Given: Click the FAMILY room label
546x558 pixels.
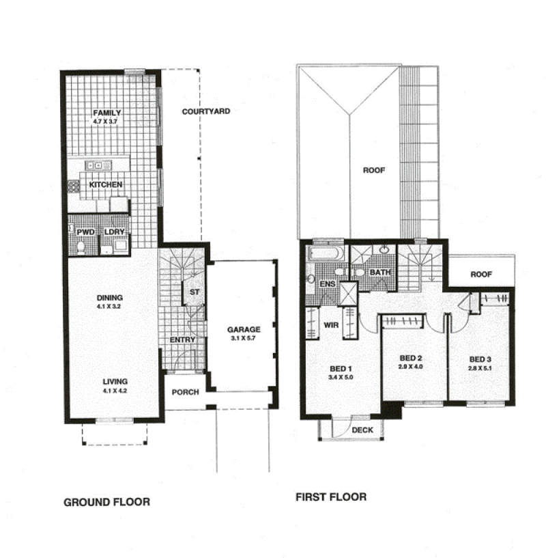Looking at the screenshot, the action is [106, 113].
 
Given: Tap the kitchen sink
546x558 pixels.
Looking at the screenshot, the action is [98, 165].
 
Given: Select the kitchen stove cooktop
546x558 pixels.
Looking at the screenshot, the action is [74, 186].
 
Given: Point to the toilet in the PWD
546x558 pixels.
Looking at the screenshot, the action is [81, 247].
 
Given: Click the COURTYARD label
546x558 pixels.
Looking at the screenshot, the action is [206, 111].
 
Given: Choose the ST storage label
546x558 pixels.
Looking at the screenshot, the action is [195, 292].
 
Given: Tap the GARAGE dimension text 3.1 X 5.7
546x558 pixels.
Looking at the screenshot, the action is [243, 338].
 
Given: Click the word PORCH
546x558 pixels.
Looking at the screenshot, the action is [186, 392].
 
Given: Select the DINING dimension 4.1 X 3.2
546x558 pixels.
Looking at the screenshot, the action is [109, 307].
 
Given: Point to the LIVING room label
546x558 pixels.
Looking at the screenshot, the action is [115, 382].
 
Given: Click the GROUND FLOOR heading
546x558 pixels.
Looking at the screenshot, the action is [106, 502].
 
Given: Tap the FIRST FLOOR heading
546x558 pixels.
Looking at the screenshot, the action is [331, 497].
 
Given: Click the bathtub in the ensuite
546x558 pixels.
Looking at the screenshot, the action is [326, 253].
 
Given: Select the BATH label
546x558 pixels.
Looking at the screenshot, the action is [380, 273].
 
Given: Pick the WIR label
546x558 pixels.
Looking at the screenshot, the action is [331, 325].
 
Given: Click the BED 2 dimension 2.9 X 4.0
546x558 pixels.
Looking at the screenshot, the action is [410, 367].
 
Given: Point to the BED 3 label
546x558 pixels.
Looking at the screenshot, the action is [480, 359].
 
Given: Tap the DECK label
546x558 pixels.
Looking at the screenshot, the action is [362, 430].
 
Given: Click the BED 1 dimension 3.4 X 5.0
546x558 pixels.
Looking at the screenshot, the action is [341, 377].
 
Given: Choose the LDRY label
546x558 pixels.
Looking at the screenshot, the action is [115, 232].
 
